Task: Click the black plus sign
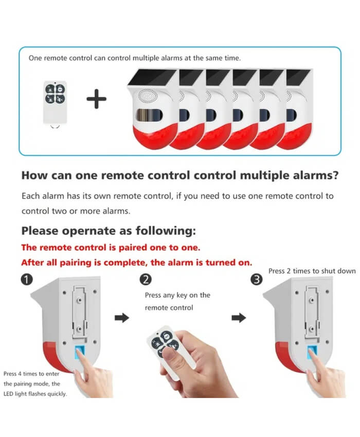click(x=96, y=99)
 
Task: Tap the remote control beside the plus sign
click(x=55, y=102)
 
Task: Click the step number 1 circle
click(x=27, y=279)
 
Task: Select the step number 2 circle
click(x=146, y=279)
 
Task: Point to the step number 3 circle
click(x=257, y=279)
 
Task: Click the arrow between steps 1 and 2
click(x=122, y=317)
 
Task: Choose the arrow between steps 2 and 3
click(x=239, y=317)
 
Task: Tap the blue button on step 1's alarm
click(x=79, y=353)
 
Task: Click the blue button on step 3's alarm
click(x=312, y=352)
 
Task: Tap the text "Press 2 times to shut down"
click(x=312, y=271)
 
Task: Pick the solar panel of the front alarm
click(x=152, y=77)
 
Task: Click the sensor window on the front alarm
click(x=149, y=115)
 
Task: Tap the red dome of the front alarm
click(x=155, y=136)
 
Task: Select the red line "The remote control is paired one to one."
click(x=111, y=247)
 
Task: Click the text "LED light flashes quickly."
click(x=35, y=394)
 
